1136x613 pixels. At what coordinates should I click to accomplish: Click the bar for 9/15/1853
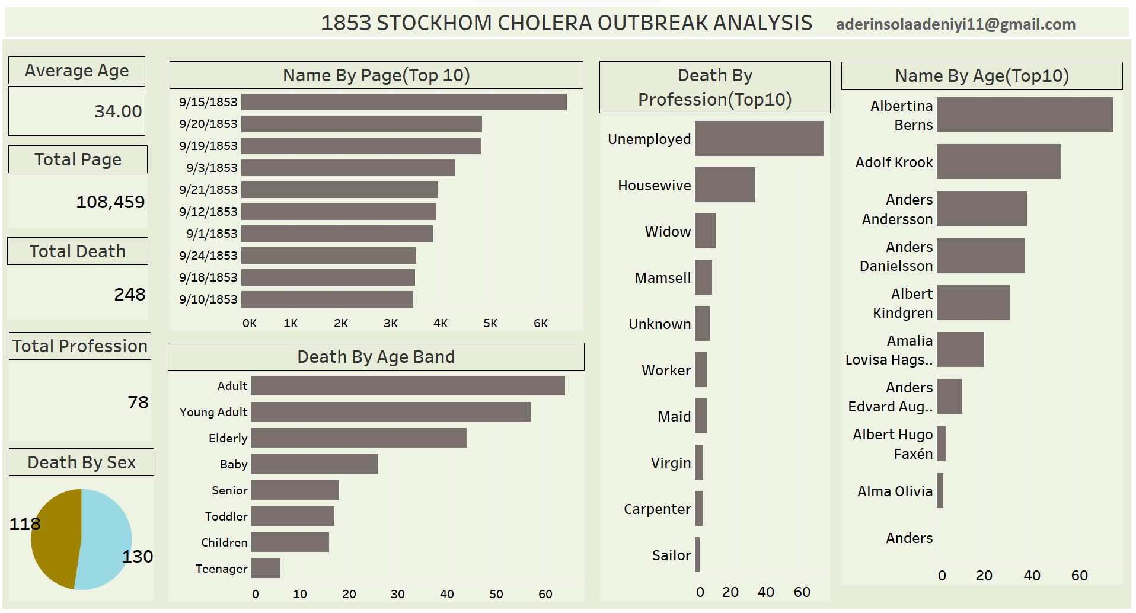[403, 102]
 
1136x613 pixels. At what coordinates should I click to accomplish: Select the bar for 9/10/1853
[327, 299]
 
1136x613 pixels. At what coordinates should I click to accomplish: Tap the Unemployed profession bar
[758, 139]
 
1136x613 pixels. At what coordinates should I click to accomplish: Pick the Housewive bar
[725, 185]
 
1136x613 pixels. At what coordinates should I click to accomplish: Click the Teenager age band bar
[266, 569]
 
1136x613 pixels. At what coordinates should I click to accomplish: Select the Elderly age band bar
[359, 438]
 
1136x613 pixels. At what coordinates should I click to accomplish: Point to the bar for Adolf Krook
[998, 162]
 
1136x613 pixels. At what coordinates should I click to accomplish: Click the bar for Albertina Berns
[1025, 115]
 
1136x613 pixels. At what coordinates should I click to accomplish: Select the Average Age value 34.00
[118, 111]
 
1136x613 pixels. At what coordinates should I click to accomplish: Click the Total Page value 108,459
[110, 202]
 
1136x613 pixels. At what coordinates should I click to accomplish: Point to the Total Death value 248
[129, 295]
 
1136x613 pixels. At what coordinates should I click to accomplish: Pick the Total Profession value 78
[138, 403]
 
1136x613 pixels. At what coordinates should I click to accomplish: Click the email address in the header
[955, 24]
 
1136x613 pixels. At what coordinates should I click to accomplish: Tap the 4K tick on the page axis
[440, 324]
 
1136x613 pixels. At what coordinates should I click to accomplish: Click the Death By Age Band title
[376, 357]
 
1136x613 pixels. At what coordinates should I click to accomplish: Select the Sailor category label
[671, 555]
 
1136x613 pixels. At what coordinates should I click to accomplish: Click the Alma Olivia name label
[895, 491]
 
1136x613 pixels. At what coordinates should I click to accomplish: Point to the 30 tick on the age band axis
[398, 594]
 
